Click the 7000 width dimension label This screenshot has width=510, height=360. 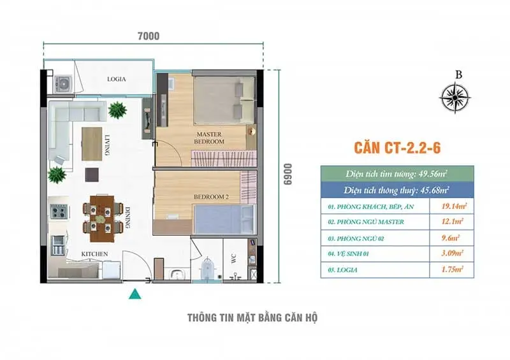pyautogui.click(x=149, y=36)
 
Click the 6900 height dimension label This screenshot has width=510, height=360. pyautogui.click(x=288, y=175)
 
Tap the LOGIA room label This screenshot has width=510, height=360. pyautogui.click(x=117, y=79)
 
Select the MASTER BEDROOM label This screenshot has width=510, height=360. pyautogui.click(x=209, y=138)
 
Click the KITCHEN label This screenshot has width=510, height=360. pyautogui.click(x=94, y=254)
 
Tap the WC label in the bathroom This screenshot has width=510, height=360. pyautogui.click(x=233, y=259)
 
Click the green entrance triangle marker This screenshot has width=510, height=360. pyautogui.click(x=135, y=294)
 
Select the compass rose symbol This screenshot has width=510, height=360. pyautogui.click(x=455, y=97)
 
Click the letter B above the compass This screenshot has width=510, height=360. pyautogui.click(x=458, y=75)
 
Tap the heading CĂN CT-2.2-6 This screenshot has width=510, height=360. pyautogui.click(x=397, y=148)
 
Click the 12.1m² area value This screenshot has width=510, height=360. pyautogui.click(x=452, y=222)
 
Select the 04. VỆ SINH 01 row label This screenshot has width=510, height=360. pyautogui.click(x=348, y=254)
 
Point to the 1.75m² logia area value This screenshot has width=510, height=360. pyautogui.click(x=452, y=270)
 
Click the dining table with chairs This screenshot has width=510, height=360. pyautogui.click(x=103, y=218)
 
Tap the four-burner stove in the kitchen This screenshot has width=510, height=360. pyautogui.click(x=59, y=212)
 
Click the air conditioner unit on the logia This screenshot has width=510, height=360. pyautogui.click(x=62, y=84)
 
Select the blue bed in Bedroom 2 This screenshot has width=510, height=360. pyautogui.click(x=224, y=219)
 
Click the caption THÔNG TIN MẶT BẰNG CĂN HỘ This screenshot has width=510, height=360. pyautogui.click(x=252, y=318)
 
